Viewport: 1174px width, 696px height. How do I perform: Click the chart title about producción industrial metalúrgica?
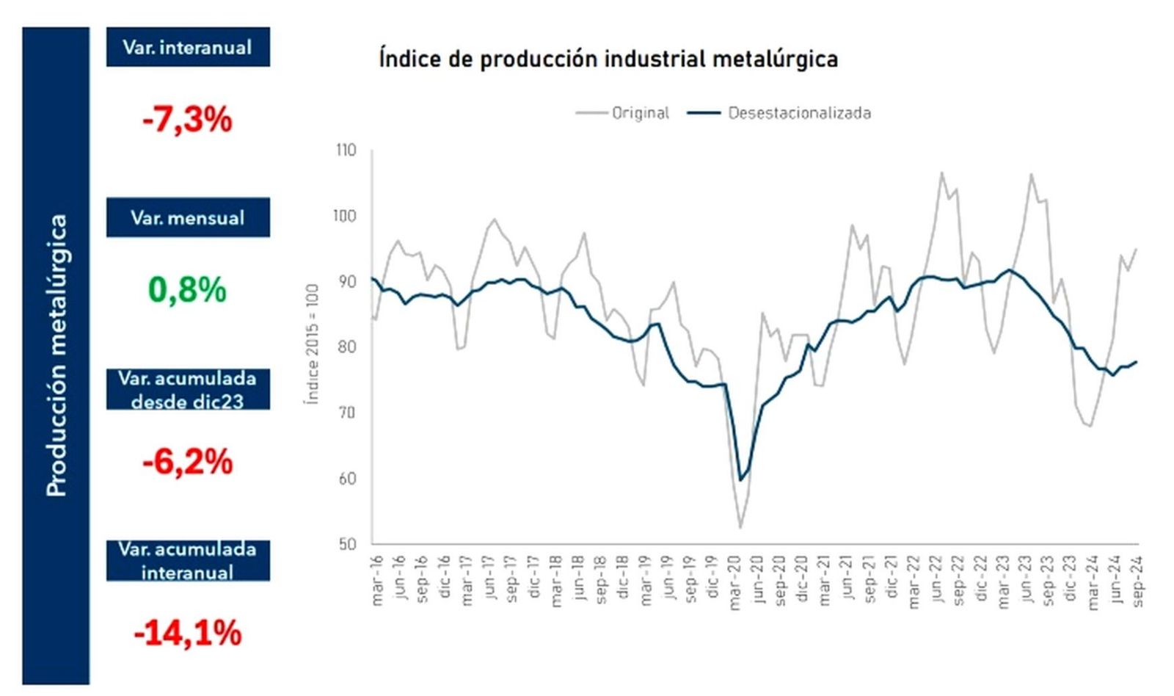point(608,59)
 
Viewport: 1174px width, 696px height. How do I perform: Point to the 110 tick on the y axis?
point(346,151)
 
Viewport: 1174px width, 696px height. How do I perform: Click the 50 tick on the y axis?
point(347,544)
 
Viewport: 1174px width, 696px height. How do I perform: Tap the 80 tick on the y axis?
point(346,347)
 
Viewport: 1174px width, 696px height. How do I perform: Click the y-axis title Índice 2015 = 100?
point(313,343)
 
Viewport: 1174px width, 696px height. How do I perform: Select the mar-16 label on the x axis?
point(378,580)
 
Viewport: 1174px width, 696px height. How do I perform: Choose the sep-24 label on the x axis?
point(1138,581)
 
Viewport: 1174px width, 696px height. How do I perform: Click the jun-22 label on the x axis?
point(937,580)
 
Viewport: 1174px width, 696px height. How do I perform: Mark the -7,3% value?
point(188,120)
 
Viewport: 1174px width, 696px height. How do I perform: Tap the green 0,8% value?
point(188,290)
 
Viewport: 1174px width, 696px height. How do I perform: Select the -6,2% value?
point(188,463)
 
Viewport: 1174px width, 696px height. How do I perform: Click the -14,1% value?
point(188,634)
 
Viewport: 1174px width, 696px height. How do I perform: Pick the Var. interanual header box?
point(188,48)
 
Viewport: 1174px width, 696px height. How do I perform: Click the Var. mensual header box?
point(188,218)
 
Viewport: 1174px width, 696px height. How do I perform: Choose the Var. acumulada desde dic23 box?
point(188,389)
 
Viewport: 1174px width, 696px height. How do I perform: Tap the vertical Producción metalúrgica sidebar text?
point(56,355)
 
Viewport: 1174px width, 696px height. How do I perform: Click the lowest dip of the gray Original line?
point(740,527)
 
